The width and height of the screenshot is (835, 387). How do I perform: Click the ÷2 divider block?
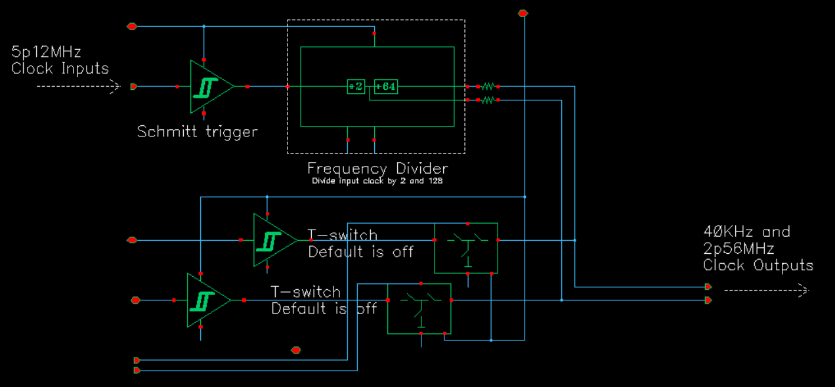[356, 87]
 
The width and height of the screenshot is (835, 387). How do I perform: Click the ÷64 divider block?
[386, 87]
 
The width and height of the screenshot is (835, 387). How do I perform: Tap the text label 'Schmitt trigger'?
[197, 132]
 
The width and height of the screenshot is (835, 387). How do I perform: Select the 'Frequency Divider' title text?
[377, 169]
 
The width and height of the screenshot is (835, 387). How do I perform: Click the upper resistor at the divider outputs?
[487, 86]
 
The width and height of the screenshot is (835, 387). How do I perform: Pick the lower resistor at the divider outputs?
[487, 100]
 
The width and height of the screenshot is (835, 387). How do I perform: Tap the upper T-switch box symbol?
[466, 247]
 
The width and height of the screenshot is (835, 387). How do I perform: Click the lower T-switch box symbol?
[419, 308]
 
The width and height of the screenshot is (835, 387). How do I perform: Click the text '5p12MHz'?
[46, 52]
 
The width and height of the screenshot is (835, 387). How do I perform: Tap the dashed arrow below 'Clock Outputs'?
[767, 290]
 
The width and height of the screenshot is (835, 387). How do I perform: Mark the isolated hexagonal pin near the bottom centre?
[296, 350]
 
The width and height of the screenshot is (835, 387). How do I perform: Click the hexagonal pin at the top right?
[523, 13]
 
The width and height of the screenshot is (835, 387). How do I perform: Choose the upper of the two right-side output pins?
[708, 287]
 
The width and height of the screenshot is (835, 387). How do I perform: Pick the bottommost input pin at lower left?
[137, 371]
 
